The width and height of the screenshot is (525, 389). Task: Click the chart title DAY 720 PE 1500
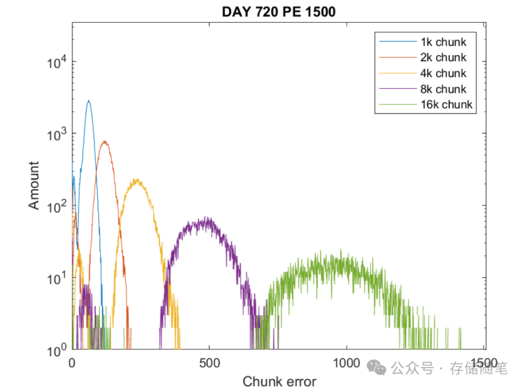[279, 12]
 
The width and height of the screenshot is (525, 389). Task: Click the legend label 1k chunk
[443, 42]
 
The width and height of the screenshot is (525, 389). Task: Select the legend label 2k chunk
[443, 57]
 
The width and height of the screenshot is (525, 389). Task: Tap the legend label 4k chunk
[443, 73]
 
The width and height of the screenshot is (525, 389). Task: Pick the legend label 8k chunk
[443, 89]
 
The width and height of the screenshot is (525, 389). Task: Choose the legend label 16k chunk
[446, 104]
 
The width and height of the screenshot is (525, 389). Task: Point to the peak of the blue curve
[88, 100]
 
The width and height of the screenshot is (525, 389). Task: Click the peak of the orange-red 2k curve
[105, 141]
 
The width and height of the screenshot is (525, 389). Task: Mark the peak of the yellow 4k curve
[136, 180]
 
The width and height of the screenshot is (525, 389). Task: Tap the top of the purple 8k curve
[207, 217]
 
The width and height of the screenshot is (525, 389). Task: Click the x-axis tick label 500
[209, 363]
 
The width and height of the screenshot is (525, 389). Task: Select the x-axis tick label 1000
[347, 363]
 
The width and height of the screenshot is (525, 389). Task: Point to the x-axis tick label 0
[72, 363]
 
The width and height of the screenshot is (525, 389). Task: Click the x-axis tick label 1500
[484, 363]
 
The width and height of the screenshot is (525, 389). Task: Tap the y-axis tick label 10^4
[56, 62]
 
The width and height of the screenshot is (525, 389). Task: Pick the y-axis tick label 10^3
[56, 134]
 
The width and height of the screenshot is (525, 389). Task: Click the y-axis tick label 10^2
[56, 206]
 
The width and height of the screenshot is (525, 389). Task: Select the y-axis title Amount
[34, 185]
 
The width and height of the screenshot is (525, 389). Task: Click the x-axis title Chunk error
[279, 382]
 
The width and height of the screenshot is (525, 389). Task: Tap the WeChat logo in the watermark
[376, 368]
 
